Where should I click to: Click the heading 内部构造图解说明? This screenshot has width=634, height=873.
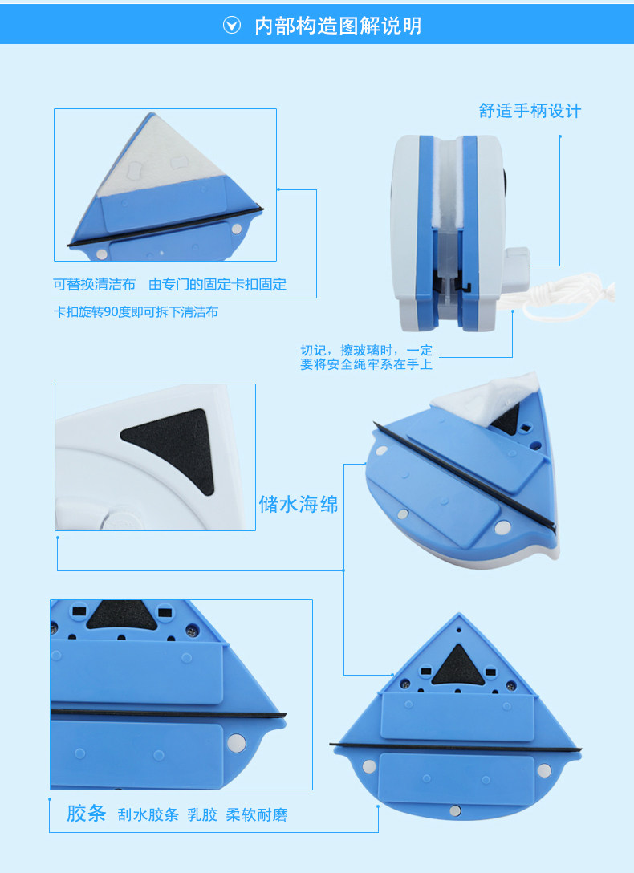[x=338, y=26]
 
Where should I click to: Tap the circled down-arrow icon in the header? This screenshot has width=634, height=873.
[x=232, y=26]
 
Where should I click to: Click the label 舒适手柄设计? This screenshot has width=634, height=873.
[x=530, y=111]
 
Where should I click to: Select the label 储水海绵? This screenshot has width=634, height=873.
[x=299, y=505]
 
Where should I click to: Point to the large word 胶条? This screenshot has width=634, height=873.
[x=87, y=813]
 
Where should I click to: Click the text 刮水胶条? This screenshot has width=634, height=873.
[x=148, y=815]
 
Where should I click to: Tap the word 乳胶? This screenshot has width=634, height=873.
[x=202, y=815]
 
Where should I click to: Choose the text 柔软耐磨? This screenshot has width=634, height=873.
[x=257, y=815]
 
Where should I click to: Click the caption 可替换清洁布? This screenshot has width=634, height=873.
[x=94, y=285]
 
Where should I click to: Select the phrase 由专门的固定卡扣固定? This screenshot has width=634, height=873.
[x=217, y=285]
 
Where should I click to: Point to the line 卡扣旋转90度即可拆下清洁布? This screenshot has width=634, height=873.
[x=136, y=312]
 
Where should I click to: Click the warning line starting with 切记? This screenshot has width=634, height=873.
[x=366, y=350]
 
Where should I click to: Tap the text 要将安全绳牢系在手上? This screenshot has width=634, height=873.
[x=366, y=364]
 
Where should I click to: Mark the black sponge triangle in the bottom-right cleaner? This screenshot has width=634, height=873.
[x=457, y=667]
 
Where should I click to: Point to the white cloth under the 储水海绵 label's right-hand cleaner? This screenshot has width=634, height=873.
[x=483, y=401]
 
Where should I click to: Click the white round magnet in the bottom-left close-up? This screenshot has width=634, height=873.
[x=236, y=742]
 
